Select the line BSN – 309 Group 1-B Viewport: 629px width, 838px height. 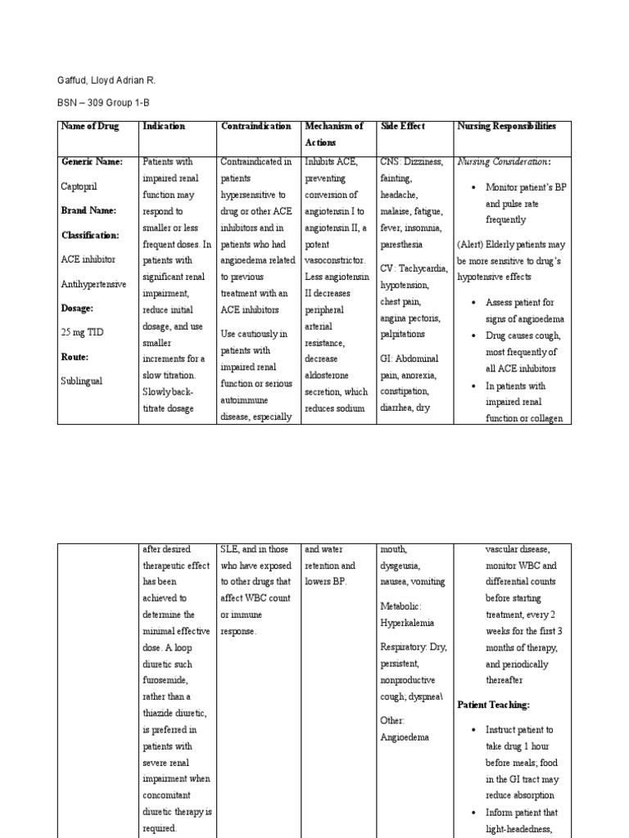click(x=103, y=102)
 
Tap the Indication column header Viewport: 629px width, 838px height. click(x=164, y=127)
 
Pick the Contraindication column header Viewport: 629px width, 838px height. click(x=256, y=127)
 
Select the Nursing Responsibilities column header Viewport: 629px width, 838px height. click(x=507, y=127)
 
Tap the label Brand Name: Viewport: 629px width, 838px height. click(x=89, y=210)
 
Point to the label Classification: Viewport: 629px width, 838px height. click(x=90, y=235)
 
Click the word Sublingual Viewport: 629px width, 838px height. click(x=82, y=381)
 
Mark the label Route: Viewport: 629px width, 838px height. click(x=75, y=357)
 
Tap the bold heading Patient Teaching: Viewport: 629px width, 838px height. click(x=493, y=705)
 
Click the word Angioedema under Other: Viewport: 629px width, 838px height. click(x=405, y=737)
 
